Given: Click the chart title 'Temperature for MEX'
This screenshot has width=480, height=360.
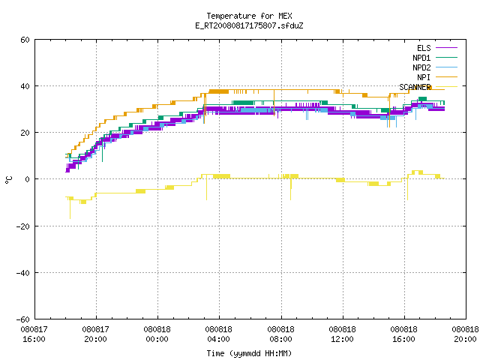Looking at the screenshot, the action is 249,16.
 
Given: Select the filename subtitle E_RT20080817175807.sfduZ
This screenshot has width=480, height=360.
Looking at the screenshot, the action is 249,25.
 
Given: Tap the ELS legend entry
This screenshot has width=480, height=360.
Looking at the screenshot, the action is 424,48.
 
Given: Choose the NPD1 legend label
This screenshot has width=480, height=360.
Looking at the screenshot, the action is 421,58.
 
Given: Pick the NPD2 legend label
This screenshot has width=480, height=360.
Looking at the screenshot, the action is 421,67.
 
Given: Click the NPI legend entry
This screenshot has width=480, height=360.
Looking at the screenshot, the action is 424,77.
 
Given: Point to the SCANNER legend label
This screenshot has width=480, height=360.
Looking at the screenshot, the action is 415,87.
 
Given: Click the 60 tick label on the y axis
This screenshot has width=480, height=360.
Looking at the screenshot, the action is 25,40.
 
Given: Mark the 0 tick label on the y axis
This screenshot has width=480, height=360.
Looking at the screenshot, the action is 27,179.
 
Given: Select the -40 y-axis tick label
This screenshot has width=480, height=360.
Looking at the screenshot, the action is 23,273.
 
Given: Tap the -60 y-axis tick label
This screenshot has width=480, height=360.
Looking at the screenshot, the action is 23,319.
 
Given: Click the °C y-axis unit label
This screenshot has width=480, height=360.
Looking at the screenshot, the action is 8,180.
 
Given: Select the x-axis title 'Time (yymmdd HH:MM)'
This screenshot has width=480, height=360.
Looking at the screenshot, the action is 249,353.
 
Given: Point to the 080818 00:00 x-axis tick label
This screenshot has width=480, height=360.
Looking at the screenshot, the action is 157,334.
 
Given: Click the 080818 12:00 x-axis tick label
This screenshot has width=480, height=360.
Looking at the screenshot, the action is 342,334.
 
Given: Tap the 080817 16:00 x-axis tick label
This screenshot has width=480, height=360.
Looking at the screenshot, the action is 34,334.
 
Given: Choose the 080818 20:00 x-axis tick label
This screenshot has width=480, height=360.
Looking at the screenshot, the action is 465,334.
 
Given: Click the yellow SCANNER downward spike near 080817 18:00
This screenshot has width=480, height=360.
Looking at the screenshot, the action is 70,208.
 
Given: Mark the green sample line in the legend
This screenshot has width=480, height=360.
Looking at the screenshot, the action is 446,57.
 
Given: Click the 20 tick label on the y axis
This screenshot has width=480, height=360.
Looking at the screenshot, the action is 25,133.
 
